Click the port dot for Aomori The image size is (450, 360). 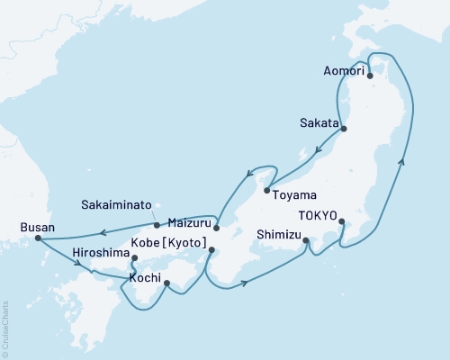[x=369, y=76]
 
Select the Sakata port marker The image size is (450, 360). [x=345, y=129]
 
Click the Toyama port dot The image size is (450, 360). [x=266, y=190]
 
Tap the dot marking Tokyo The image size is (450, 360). [x=341, y=220]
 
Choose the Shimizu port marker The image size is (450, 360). [x=306, y=240]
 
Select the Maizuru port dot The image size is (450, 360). [x=216, y=227]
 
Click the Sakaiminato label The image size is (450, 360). [x=114, y=203]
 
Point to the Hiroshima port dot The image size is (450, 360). [x=134, y=259]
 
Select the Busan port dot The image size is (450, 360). [x=38, y=238]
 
